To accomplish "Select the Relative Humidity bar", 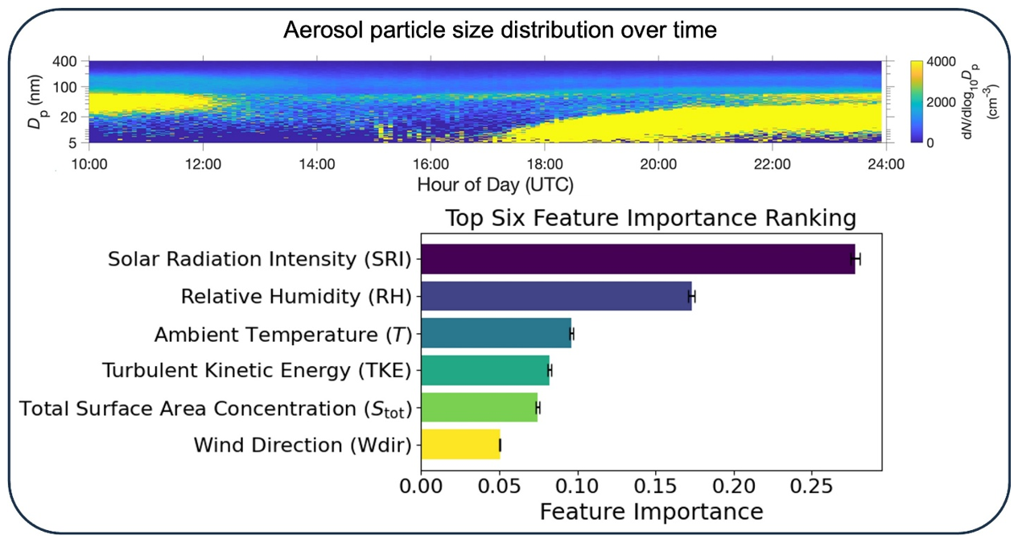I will (556, 296).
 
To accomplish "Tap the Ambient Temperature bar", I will (496, 333).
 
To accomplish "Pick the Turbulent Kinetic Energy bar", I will (484, 370).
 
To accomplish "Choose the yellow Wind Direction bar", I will (460, 444).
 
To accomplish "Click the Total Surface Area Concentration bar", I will (479, 407).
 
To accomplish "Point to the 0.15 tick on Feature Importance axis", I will (655, 486).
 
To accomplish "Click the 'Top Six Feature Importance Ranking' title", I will (650, 219).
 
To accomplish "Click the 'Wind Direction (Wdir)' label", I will (303, 445).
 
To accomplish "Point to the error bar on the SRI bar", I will (856, 259).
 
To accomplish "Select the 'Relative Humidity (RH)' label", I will (296, 297).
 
